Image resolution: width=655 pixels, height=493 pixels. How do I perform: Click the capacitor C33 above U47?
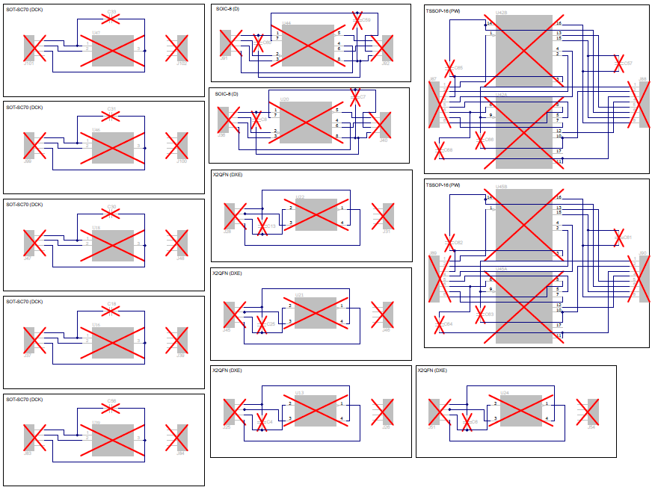click(111, 18)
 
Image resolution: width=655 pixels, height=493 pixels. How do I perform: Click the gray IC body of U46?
click(113, 148)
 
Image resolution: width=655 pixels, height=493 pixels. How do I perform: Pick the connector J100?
click(176, 146)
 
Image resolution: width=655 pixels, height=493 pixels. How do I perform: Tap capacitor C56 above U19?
click(111, 408)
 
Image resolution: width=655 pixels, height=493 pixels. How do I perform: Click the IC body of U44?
click(307, 46)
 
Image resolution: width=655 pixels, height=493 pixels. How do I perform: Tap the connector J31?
click(383, 216)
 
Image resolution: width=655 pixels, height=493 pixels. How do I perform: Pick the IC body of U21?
click(315, 313)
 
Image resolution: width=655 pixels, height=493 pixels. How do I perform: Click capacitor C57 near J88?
click(618, 64)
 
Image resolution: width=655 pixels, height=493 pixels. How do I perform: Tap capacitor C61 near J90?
click(618, 239)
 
